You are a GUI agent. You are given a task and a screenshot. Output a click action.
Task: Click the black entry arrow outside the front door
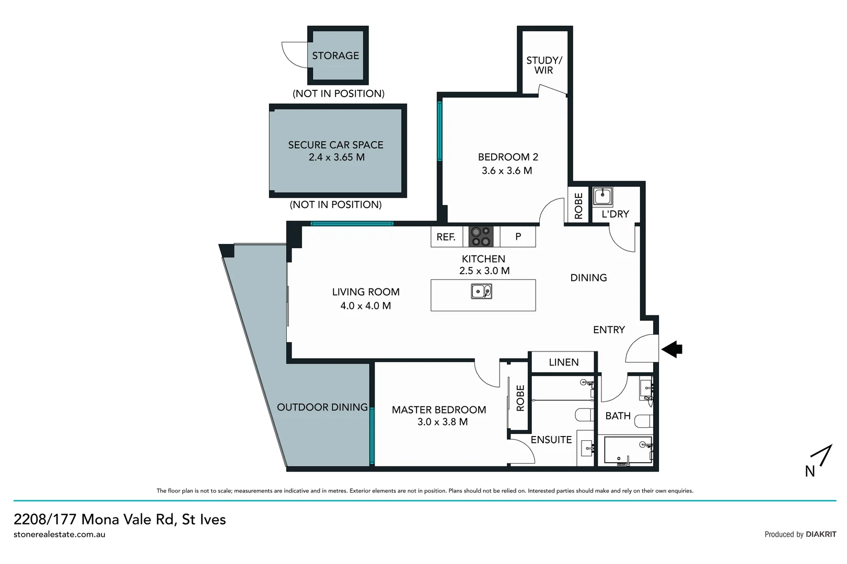(x=672, y=349)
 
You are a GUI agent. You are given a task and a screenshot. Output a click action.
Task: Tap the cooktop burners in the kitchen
(x=481, y=237)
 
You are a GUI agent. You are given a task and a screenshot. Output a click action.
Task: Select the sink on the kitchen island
(x=481, y=291)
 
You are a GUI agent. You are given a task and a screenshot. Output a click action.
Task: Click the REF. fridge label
(x=446, y=237)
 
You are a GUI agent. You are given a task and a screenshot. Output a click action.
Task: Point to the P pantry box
(x=518, y=237)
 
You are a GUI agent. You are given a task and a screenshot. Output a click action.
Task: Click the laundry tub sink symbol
(x=602, y=197)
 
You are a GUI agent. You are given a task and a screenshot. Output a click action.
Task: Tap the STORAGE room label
(x=335, y=55)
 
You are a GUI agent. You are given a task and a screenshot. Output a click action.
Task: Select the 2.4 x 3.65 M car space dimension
(x=337, y=157)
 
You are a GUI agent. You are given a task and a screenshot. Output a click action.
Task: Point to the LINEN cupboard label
(x=563, y=362)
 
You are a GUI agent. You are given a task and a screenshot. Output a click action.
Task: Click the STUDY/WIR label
(x=544, y=65)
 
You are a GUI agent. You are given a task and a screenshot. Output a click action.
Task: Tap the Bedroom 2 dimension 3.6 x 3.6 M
(x=507, y=171)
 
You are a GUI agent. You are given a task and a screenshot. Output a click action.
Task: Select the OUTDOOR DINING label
(x=322, y=407)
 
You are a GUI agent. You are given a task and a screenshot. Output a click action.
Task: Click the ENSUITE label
(x=551, y=440)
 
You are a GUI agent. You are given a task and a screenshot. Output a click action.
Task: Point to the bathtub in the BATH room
(x=628, y=450)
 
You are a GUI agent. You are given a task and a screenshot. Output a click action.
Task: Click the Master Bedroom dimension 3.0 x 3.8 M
(x=442, y=422)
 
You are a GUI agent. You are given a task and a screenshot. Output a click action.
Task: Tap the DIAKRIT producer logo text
(x=820, y=534)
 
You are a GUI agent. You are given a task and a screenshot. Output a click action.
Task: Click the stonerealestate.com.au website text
(x=59, y=534)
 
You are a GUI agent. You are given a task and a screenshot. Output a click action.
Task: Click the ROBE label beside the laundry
(x=578, y=206)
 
